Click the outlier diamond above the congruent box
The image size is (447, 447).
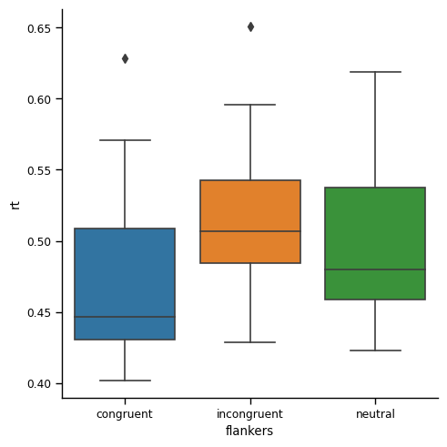125,58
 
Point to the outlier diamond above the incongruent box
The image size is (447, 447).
250,26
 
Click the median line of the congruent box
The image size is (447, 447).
125,317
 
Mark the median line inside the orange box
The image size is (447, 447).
250,231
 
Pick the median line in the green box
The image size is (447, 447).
375,269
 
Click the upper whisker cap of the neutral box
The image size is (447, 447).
375,72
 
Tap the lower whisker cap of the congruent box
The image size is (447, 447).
125,381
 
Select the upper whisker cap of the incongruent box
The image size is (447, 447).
250,105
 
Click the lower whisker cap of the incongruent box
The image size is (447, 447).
250,342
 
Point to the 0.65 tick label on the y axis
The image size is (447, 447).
38,28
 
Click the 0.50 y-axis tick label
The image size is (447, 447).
38,241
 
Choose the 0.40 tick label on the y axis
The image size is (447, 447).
38,383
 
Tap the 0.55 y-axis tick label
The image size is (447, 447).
38,170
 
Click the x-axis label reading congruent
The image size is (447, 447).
125,414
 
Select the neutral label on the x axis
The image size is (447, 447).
375,414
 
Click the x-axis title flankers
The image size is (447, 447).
249,431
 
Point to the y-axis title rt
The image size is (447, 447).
15,204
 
